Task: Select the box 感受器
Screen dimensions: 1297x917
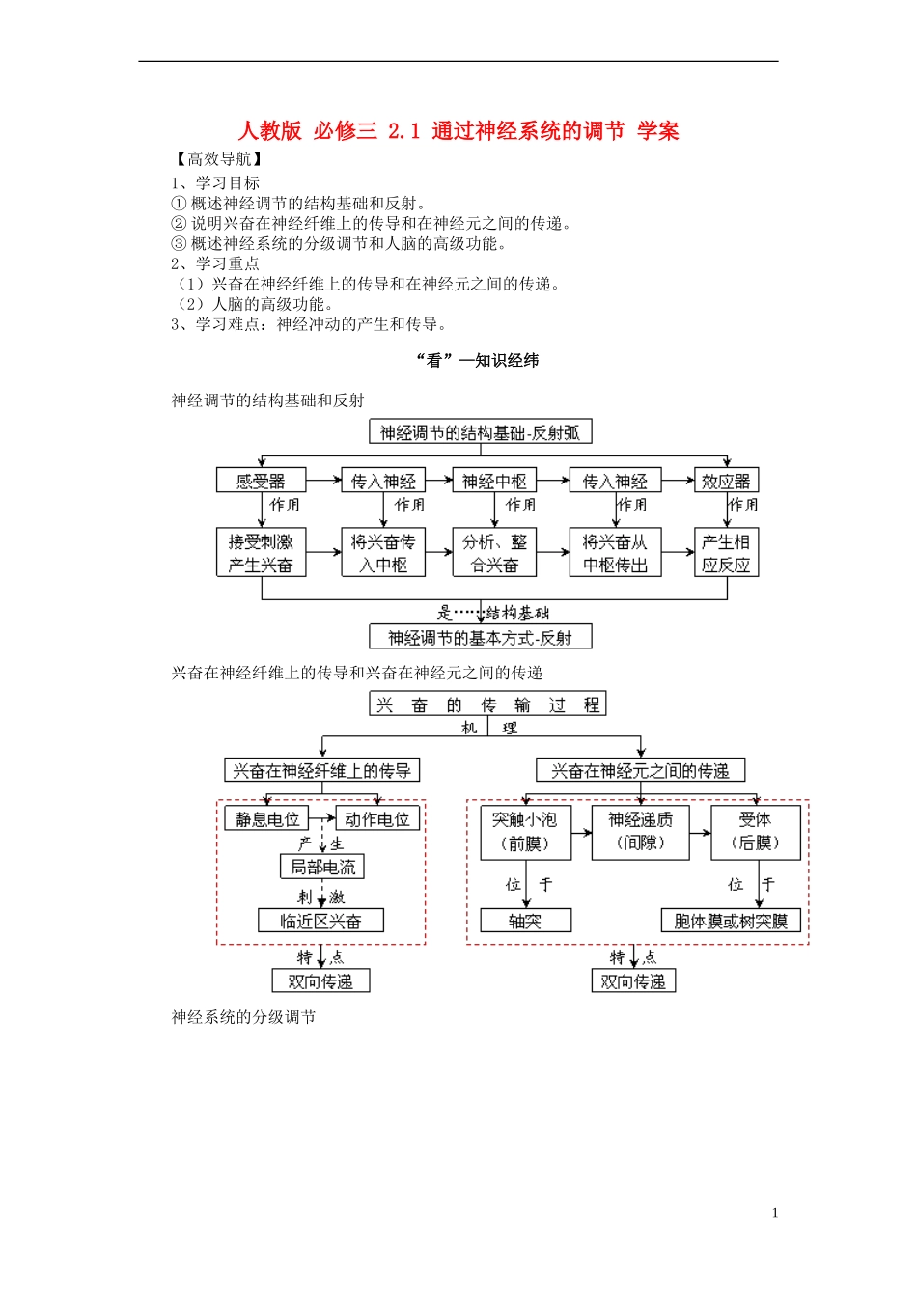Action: pos(261,481)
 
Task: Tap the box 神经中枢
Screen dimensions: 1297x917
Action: pos(493,481)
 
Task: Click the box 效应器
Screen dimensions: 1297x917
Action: pos(726,481)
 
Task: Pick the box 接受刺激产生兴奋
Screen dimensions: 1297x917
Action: pos(261,553)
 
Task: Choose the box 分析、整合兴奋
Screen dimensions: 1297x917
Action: pos(493,553)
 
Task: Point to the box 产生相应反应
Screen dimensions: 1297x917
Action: pos(726,553)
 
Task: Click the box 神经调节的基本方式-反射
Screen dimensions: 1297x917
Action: pos(480,638)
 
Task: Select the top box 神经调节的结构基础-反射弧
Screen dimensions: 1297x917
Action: pos(480,432)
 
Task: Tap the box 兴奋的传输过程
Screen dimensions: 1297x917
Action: pos(487,704)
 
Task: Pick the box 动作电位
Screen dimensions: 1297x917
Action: pos(377,819)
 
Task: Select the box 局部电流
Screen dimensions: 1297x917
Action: pos(322,867)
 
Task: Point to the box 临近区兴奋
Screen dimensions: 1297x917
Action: pos(320,921)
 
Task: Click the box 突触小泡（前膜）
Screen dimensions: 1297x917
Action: pos(525,832)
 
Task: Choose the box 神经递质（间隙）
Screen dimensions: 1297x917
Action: pos(640,832)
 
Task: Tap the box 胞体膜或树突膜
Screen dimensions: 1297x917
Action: pos(731,921)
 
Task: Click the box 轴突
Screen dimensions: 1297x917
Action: pos(525,921)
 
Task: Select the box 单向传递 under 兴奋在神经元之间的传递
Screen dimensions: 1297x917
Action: pos(633,981)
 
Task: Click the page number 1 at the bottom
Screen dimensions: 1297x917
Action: pos(774,1213)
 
